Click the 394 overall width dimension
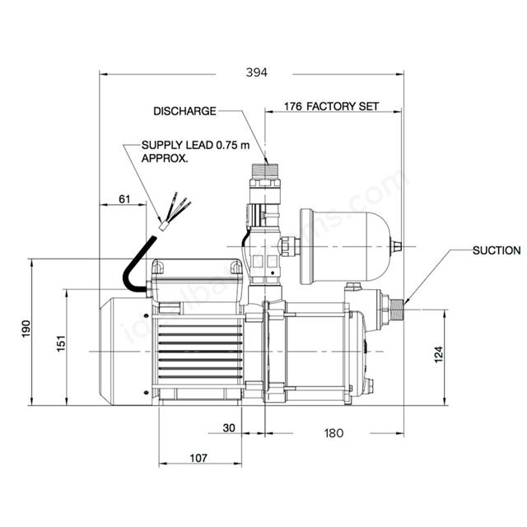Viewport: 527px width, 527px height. tap(258, 73)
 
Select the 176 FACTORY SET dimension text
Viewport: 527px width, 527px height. tap(331, 107)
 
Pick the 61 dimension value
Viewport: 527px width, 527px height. tap(125, 198)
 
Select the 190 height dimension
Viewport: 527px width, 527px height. tap(27, 328)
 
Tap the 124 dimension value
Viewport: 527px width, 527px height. tap(463, 352)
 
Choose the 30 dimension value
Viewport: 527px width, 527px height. tap(231, 429)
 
